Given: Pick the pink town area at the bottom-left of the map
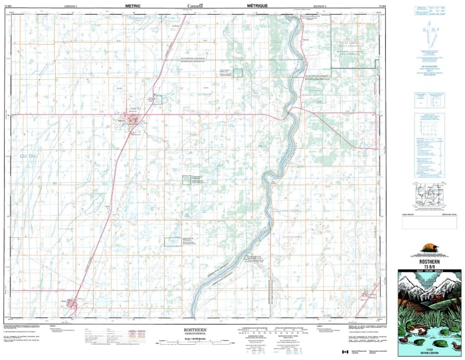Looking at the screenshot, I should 71,303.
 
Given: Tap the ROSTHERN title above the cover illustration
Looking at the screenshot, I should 431,261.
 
